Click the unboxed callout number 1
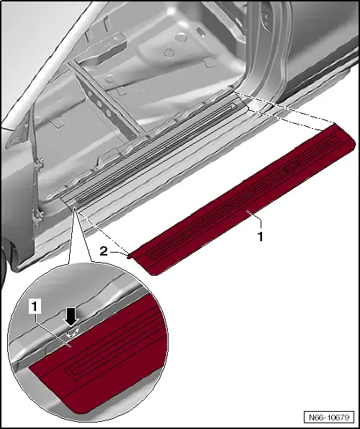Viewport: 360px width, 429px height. [x=261, y=236]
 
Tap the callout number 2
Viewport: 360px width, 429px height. [x=104, y=251]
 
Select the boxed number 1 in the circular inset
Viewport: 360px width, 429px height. [x=35, y=307]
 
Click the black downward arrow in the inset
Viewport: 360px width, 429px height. [x=71, y=317]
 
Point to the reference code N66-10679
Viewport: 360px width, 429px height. [x=329, y=417]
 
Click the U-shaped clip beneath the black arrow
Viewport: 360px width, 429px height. [x=72, y=332]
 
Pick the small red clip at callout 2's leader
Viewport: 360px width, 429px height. [x=129, y=256]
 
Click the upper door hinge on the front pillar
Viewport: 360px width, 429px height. [x=39, y=163]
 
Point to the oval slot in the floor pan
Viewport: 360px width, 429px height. [x=201, y=32]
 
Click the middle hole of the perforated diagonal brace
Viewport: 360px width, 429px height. [x=99, y=104]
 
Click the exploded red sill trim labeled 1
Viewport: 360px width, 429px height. [x=243, y=199]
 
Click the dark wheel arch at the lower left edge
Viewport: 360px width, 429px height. [x=4, y=263]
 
